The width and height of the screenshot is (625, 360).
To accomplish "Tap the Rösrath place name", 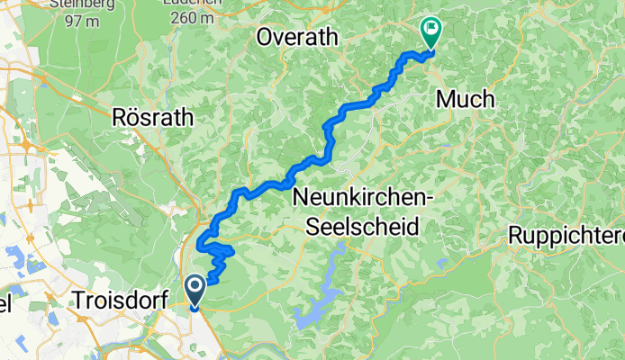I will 149,116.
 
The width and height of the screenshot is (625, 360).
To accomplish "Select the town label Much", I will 465,100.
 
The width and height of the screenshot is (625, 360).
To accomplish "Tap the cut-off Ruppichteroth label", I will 566,236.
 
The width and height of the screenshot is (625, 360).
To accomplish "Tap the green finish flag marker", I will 430,33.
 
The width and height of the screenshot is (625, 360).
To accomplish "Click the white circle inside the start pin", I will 195,286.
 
